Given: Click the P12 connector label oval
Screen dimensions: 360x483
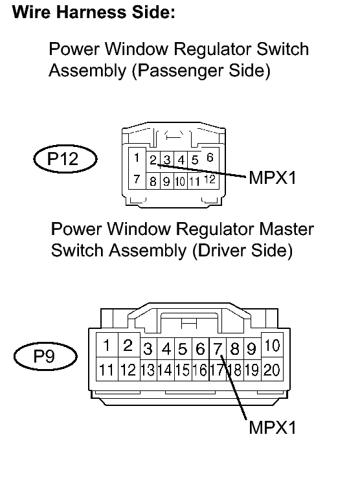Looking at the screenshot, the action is coord(65,159).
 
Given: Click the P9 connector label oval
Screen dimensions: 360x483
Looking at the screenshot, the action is coord(45,356).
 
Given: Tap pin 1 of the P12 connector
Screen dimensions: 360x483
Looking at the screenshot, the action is coord(137,158).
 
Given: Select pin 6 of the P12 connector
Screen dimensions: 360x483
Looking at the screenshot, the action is coord(210,158).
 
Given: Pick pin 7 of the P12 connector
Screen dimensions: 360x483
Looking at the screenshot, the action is coord(137,179).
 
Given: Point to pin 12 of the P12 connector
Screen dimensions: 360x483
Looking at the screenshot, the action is coord(210,179).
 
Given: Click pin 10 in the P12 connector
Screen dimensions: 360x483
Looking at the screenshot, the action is coord(181,181).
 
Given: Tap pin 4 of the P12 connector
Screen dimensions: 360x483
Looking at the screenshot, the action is coord(181,160).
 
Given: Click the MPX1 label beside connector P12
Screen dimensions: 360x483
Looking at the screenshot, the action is coord(272,178).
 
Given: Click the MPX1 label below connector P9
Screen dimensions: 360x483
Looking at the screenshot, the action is coord(272,427).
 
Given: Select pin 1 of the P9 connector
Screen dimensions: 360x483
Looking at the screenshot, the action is coord(107,345).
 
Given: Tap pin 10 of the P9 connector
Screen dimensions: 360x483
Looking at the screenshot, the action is coord(272,345).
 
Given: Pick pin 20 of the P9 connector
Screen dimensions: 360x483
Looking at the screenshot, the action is coord(272,370).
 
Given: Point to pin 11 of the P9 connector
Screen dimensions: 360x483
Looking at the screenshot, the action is coord(107,370).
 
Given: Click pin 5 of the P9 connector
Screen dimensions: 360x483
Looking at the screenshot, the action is coord(183,349).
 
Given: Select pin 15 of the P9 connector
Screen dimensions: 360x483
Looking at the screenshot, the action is coord(183,370).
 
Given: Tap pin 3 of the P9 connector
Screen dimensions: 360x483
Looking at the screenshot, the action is coord(148,349).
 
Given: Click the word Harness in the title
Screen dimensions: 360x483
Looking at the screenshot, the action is coord(91,12).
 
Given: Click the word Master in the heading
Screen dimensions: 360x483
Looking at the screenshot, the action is coord(286,229).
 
